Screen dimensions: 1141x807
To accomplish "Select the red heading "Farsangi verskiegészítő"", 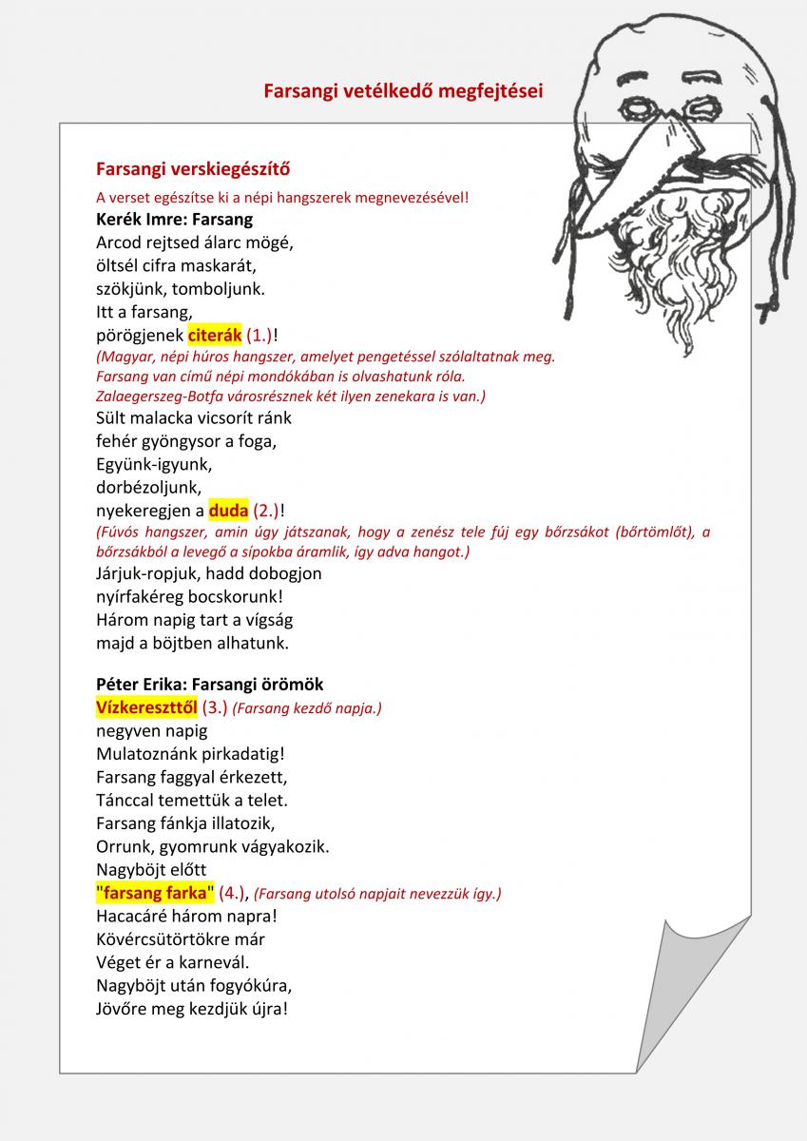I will (x=193, y=169).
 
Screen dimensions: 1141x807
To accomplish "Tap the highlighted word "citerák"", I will (x=215, y=335).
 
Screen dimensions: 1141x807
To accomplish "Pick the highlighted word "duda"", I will (x=228, y=511).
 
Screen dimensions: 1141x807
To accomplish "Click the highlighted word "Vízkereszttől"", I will (x=146, y=707).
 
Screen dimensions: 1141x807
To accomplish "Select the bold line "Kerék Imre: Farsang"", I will (x=175, y=219).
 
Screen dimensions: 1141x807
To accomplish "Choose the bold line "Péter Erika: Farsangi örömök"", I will (x=210, y=684).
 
